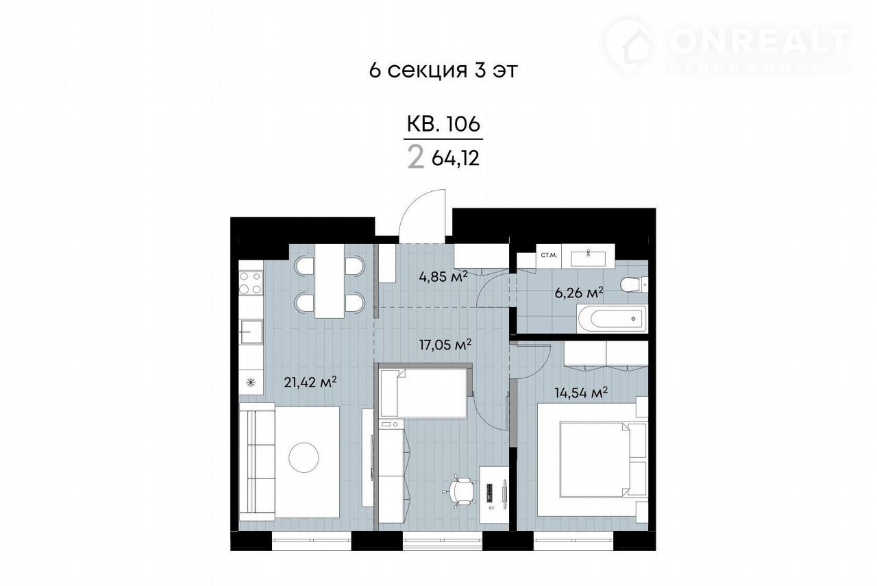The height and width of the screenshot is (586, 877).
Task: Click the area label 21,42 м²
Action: point(310,382)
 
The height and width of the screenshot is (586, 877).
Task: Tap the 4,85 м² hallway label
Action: point(443,276)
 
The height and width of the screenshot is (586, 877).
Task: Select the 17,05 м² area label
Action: point(445,345)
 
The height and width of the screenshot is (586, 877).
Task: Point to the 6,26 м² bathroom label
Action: point(579,292)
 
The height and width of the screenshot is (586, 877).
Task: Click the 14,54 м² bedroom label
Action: point(581,392)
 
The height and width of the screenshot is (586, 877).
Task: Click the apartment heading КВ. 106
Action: point(443,124)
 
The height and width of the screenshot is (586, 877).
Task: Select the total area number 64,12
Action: point(456,158)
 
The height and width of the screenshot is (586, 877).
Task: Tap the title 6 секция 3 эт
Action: point(443,71)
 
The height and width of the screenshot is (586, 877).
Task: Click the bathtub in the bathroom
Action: point(613,319)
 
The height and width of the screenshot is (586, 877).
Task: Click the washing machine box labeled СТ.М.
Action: point(549,256)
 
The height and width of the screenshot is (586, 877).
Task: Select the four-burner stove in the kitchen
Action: point(251,283)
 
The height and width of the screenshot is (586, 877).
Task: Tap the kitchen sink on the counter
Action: point(251,332)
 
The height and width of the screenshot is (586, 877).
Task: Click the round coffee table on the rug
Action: point(304,457)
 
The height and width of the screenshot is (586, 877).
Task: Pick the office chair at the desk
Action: point(460,491)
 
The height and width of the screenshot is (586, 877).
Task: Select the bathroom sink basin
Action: point(588,258)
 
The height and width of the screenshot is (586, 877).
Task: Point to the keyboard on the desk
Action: point(489,492)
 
